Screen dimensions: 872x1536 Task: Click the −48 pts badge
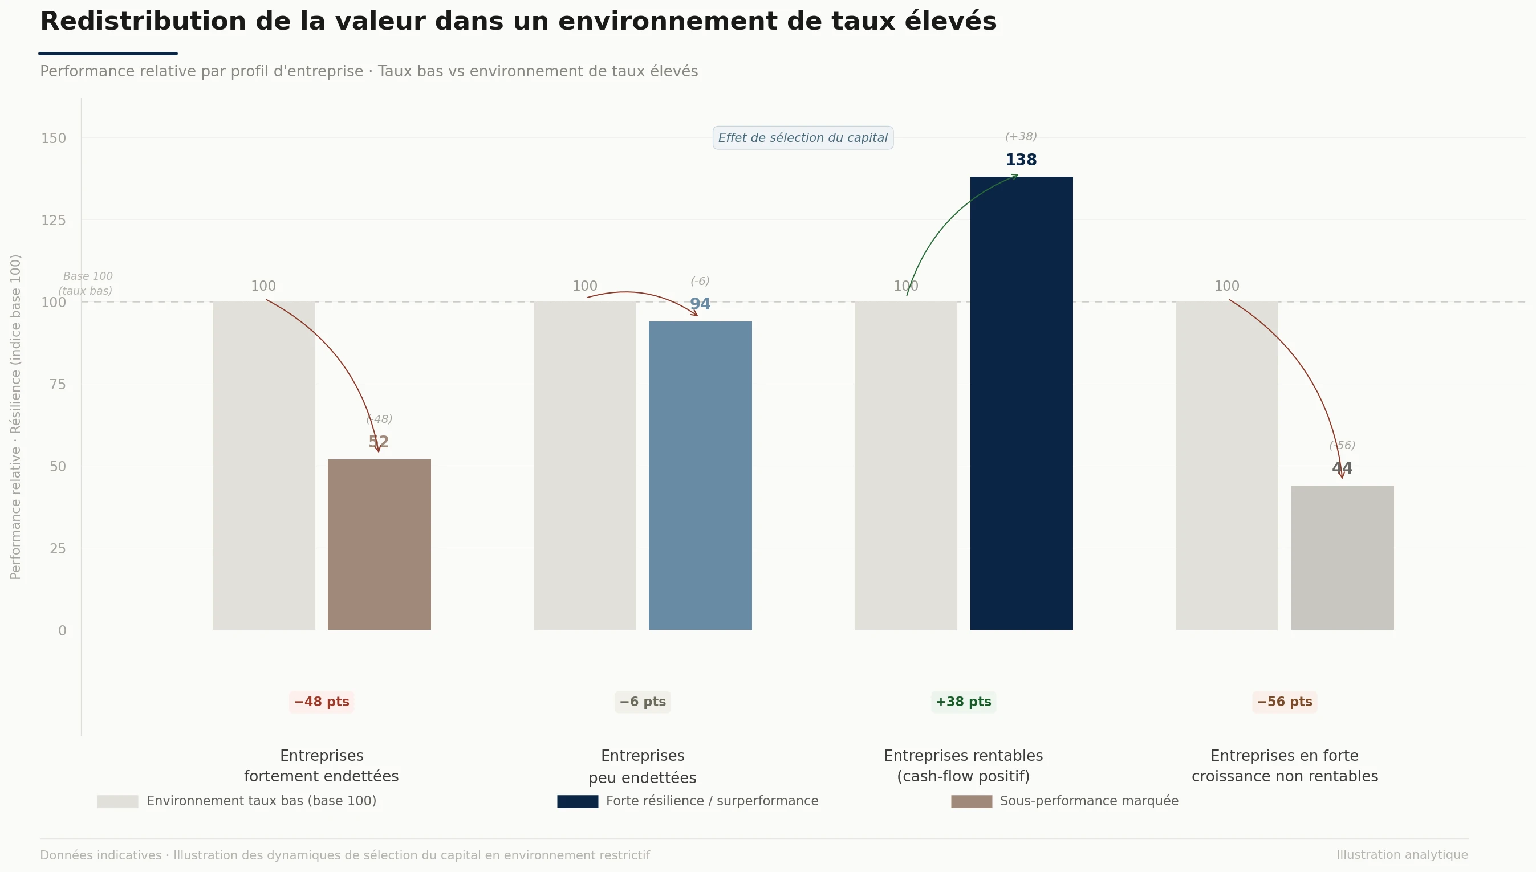tap(322, 702)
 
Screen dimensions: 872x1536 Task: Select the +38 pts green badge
tap(964, 702)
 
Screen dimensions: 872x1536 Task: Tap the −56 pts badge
tap(1285, 702)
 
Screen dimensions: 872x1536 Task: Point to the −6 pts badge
tap(642, 702)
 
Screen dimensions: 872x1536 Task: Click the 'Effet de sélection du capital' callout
tap(803, 138)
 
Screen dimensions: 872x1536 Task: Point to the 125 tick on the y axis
tap(54, 221)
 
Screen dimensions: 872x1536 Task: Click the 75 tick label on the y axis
tap(58, 385)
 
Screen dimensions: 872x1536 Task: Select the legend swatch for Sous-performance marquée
tap(971, 801)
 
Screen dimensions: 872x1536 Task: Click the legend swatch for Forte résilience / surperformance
tap(578, 801)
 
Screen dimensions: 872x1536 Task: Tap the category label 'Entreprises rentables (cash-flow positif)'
tap(964, 766)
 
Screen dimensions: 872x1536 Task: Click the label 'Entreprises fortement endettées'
tap(322, 766)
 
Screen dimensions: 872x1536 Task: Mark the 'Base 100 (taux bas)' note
tap(87, 283)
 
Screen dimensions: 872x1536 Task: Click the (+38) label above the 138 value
tap(1021, 137)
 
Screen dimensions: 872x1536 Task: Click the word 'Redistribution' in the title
tap(143, 22)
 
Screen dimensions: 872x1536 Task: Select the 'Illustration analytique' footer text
tap(1402, 855)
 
